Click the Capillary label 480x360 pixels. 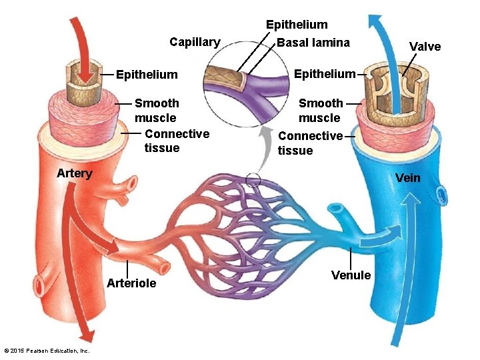pyautogui.click(x=194, y=42)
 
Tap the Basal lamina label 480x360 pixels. pyautogui.click(x=313, y=43)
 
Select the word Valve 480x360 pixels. pyautogui.click(x=425, y=46)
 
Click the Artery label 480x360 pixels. pyautogui.click(x=74, y=173)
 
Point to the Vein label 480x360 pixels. pyautogui.click(x=407, y=177)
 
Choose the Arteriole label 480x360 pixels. pyautogui.click(x=131, y=283)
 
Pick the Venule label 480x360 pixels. pyautogui.click(x=351, y=275)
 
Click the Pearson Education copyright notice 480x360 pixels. pyautogui.click(x=47, y=351)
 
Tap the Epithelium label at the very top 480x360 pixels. pyautogui.click(x=297, y=25)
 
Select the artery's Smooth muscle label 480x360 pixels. pyautogui.click(x=157, y=111)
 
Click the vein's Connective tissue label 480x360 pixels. pyautogui.click(x=310, y=143)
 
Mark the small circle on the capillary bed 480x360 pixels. pyautogui.click(x=253, y=179)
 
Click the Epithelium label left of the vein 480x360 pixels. pyautogui.click(x=325, y=73)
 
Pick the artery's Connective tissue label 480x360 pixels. pyautogui.click(x=177, y=141)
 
